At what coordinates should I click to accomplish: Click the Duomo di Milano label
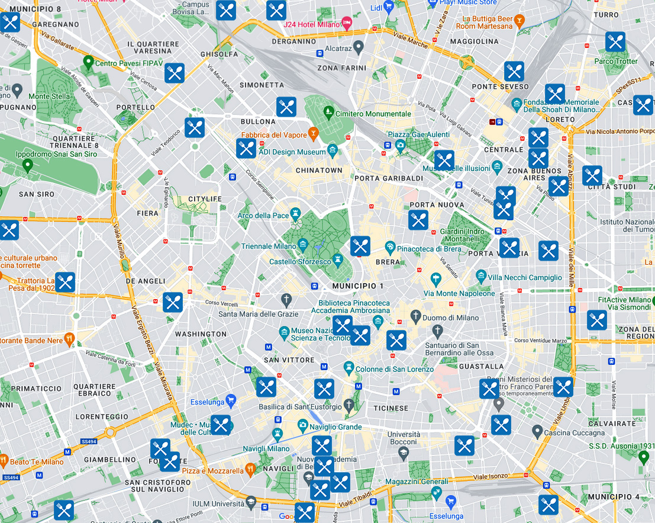pyautogui.click(x=451, y=317)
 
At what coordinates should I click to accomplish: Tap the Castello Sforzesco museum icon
pyautogui.click(x=337, y=260)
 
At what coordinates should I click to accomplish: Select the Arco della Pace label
pyautogui.click(x=263, y=216)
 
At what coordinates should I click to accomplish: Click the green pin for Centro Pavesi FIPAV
pyautogui.click(x=88, y=61)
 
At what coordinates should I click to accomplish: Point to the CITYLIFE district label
pyautogui.click(x=204, y=199)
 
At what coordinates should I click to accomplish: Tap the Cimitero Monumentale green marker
pyautogui.click(x=328, y=111)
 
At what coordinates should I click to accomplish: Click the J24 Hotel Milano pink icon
pyautogui.click(x=347, y=24)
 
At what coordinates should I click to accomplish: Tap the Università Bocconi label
pyautogui.click(x=404, y=438)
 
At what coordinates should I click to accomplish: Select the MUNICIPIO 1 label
pyautogui.click(x=358, y=286)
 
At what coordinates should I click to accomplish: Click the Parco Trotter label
pyautogui.click(x=616, y=62)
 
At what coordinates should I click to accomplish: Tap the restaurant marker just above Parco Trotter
pyautogui.click(x=615, y=42)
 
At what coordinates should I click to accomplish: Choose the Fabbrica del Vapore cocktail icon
pyautogui.click(x=314, y=134)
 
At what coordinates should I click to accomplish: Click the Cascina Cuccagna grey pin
pyautogui.click(x=537, y=431)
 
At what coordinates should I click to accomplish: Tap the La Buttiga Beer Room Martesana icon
pyautogui.click(x=519, y=23)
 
